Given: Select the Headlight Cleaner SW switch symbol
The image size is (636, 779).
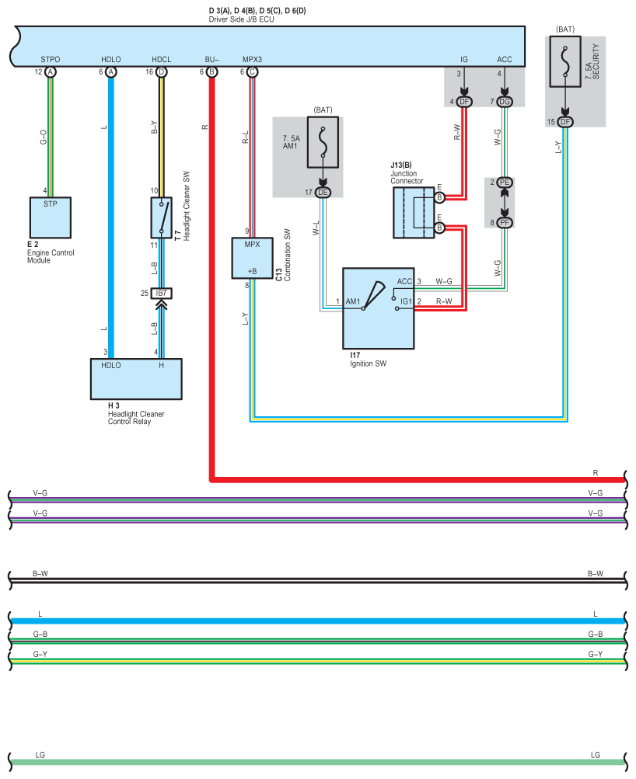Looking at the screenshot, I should pos(161,217).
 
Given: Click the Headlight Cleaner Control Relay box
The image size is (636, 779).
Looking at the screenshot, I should pos(136,378).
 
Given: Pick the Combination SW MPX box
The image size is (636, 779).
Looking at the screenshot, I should pos(252,258).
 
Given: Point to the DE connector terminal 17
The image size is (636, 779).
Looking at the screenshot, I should pos(323,193).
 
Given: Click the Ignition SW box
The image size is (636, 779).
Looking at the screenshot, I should pos(378,309).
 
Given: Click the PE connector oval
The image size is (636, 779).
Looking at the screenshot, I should pos(505,182).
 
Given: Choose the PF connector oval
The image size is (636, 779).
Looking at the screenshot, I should pos(505,223).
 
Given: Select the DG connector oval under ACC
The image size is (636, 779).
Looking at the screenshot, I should pos(505,102).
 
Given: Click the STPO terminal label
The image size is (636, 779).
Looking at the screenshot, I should pos(51,59).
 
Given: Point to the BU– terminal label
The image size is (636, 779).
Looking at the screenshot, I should pos(211,59).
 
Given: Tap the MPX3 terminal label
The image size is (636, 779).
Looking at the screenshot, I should pos(252,59).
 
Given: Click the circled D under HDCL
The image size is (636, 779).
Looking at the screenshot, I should pos(162,71).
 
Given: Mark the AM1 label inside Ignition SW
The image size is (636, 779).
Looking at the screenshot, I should pos(353,301).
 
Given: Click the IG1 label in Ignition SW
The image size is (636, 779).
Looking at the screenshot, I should pos(406,301).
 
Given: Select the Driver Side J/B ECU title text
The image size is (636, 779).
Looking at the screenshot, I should pos(241,19).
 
